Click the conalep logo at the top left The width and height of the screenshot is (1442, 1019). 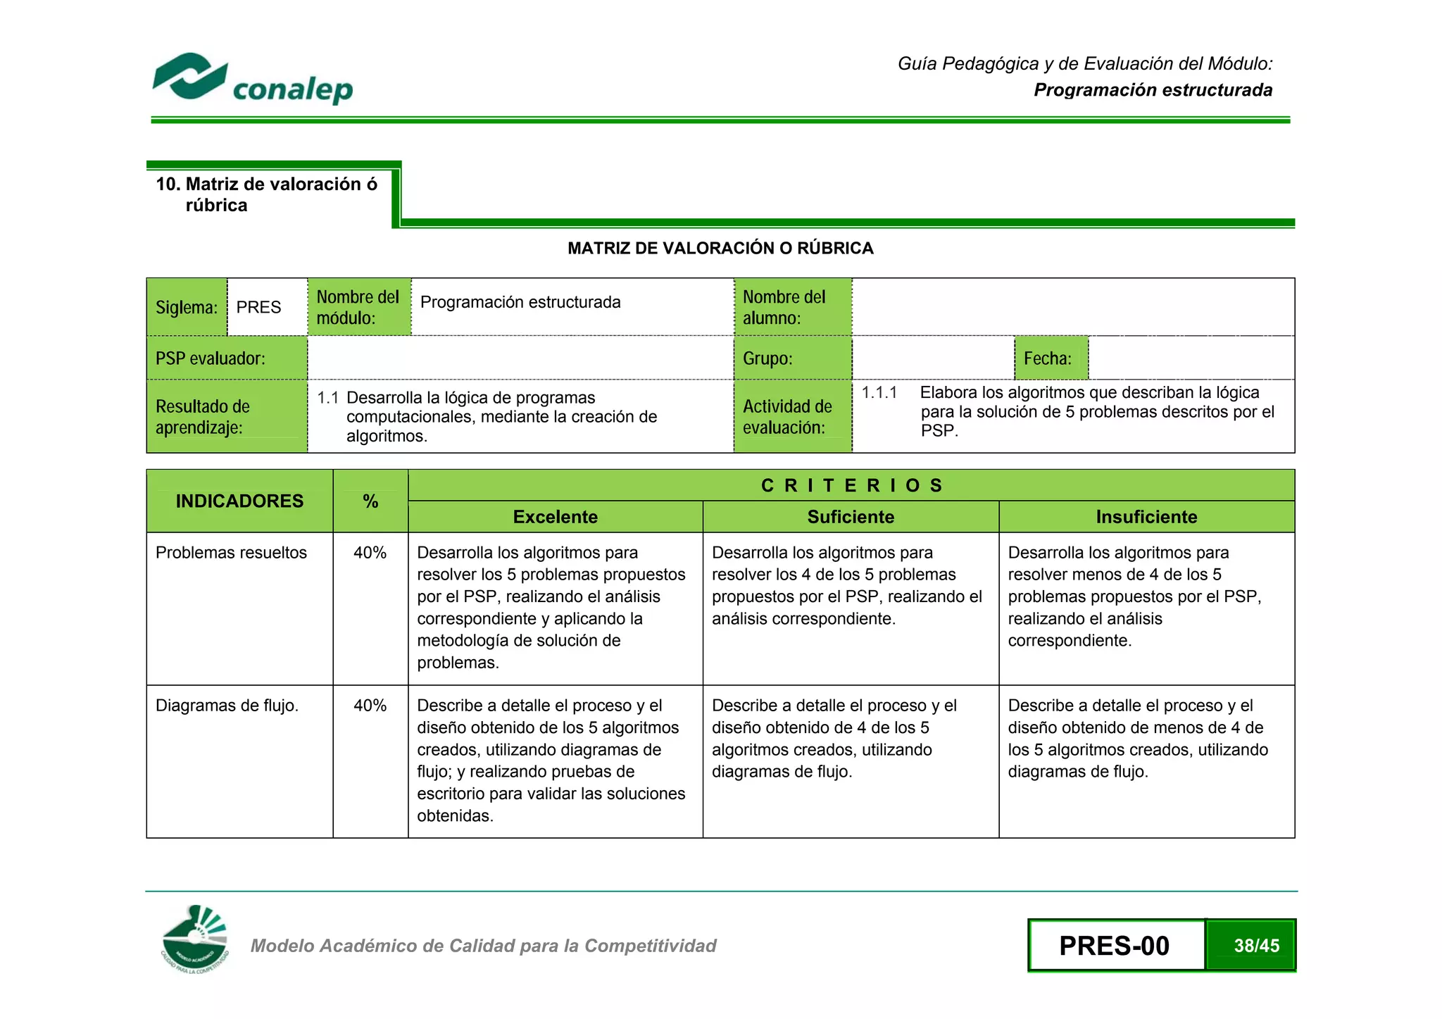point(252,79)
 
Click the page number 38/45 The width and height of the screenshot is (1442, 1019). point(1256,946)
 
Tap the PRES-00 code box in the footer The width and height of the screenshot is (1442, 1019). point(1115,946)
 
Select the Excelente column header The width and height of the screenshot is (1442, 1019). point(555,517)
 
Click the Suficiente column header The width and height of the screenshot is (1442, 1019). point(851,517)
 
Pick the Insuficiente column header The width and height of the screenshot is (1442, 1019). point(1146,517)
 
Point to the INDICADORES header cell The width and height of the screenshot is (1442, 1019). point(239,501)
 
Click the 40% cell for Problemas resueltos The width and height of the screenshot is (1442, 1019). point(370,553)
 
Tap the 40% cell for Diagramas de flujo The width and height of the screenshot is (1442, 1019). point(370,706)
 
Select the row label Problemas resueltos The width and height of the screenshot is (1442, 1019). point(231,553)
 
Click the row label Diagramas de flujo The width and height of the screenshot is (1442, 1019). point(227,706)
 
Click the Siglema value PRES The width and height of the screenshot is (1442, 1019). point(258,308)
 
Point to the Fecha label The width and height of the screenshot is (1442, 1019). point(1048,358)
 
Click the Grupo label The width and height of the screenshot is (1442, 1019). point(767,358)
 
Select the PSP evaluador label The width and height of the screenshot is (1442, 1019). point(211,358)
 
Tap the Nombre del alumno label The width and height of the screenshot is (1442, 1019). point(784,307)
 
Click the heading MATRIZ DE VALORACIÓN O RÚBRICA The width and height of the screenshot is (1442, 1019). point(720,248)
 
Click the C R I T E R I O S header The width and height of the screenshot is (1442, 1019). point(851,485)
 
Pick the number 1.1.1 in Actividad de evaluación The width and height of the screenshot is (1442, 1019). point(879,392)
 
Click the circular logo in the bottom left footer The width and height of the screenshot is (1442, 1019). point(195,939)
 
